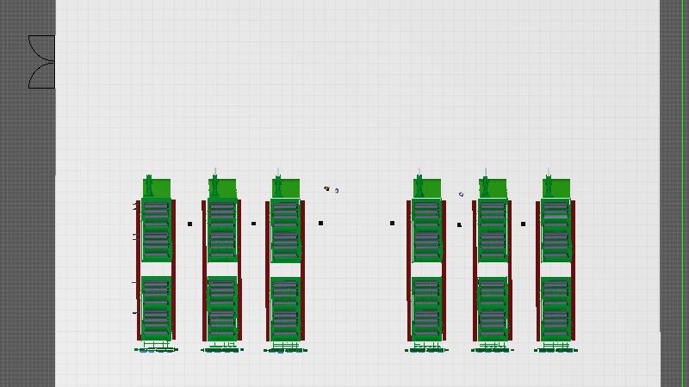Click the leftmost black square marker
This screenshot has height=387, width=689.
(x=190, y=224)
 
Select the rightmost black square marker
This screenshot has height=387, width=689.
(x=523, y=224)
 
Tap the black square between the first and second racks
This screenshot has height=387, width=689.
(x=190, y=224)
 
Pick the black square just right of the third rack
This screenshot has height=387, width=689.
(x=320, y=223)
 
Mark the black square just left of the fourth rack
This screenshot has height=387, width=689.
(x=392, y=223)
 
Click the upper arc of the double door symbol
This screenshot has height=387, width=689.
(x=41, y=48)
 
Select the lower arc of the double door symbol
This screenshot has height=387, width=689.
(x=41, y=76)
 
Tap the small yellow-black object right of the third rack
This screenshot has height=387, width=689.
(x=327, y=188)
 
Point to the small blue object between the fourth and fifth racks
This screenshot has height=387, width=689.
(x=462, y=194)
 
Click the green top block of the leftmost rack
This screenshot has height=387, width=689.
(x=157, y=187)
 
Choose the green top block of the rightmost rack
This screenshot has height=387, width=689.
(x=556, y=187)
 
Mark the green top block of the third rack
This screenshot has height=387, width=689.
(x=285, y=187)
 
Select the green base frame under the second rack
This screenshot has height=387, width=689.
(x=221, y=349)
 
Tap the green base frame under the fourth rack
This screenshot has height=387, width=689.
(x=425, y=349)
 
